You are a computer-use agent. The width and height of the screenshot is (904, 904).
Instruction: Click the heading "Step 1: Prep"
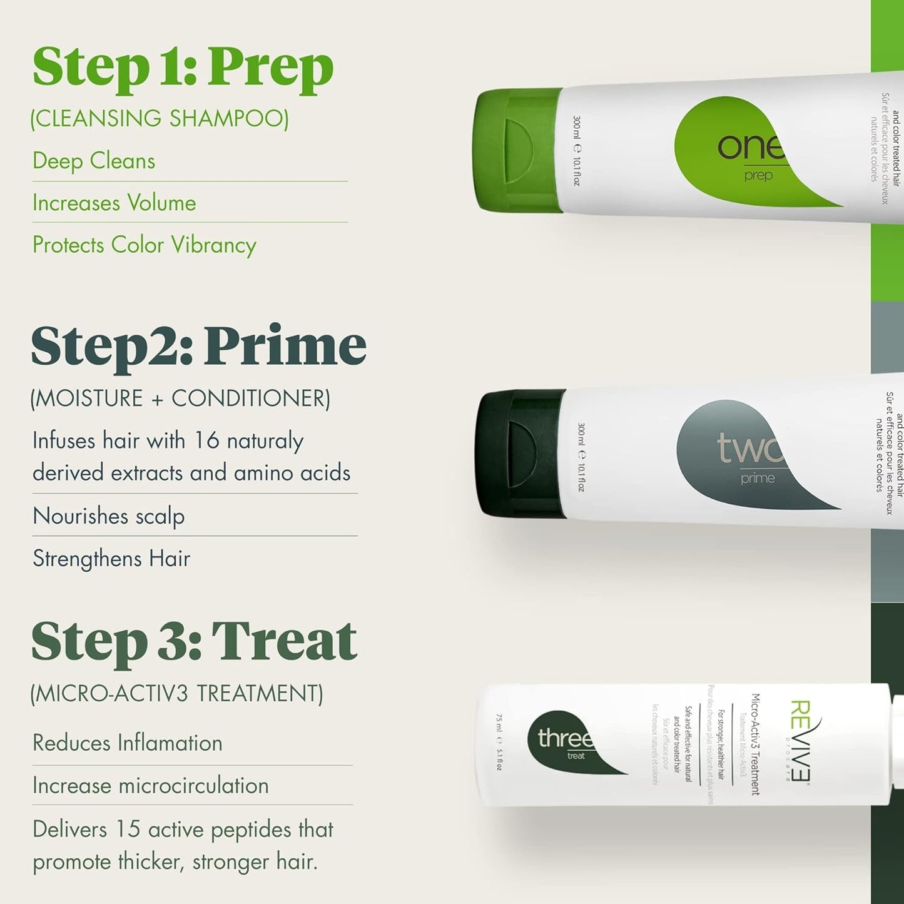click(x=183, y=68)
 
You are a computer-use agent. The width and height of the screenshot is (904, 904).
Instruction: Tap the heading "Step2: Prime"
click(x=198, y=346)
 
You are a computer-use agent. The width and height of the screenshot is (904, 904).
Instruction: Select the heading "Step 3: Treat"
click(x=194, y=641)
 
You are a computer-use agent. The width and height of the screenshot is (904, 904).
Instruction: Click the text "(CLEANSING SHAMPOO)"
click(x=160, y=118)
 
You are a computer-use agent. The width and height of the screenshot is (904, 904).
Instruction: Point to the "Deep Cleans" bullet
click(x=94, y=161)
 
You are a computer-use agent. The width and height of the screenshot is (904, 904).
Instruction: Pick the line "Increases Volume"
click(x=114, y=203)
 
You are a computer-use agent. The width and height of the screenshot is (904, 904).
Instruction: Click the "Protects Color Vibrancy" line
click(x=145, y=245)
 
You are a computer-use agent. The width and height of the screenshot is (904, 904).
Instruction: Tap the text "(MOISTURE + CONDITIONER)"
click(x=180, y=399)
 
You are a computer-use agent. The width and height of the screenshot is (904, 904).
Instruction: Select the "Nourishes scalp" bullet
click(x=108, y=516)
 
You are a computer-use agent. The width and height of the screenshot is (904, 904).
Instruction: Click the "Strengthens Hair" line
click(x=111, y=558)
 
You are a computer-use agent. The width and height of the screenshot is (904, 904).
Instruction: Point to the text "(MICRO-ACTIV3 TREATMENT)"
click(x=177, y=694)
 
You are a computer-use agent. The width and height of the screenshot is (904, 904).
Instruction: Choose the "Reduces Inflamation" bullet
click(x=128, y=743)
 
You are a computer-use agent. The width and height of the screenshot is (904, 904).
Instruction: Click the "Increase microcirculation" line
click(x=150, y=785)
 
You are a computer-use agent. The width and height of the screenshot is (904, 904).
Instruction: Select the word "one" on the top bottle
click(x=749, y=147)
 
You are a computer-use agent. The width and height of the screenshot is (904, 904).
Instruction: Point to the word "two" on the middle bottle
click(x=749, y=449)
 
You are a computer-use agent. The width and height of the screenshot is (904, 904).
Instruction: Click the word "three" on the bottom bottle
click(x=564, y=738)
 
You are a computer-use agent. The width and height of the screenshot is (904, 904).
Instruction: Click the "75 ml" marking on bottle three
click(x=499, y=722)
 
